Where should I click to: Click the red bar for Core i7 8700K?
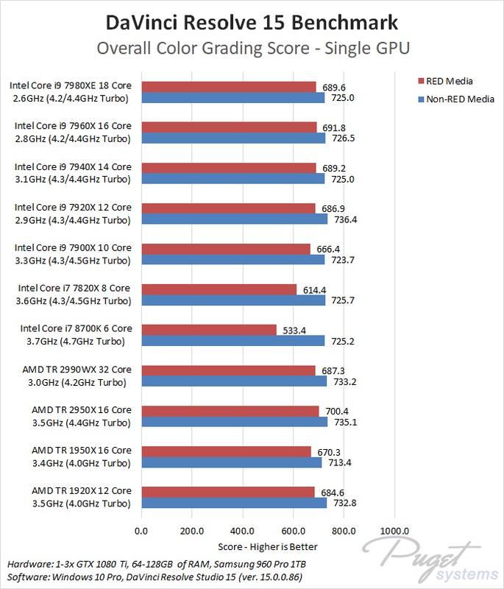point(208,329)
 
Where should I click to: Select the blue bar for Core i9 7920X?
point(234,219)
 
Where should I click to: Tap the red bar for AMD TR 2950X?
point(230,411)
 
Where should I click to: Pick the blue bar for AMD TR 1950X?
point(231,462)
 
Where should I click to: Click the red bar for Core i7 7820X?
point(219,289)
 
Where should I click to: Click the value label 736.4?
point(344,219)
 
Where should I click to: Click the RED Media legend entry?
point(449,81)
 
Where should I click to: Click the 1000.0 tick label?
point(394,531)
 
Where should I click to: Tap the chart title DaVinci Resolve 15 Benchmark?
point(252,22)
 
